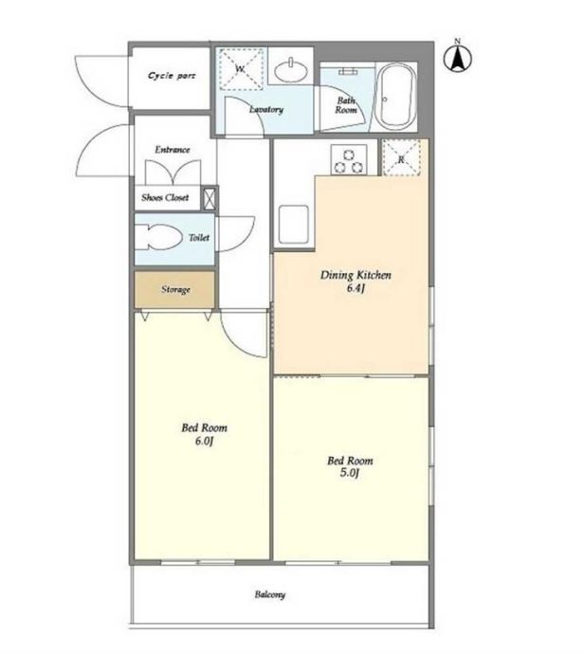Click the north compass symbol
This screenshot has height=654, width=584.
click(458, 58)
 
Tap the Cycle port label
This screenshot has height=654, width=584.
click(172, 76)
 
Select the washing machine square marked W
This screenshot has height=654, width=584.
click(242, 69)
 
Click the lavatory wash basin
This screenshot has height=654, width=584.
click(292, 69)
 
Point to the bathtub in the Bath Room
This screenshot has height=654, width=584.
click(396, 98)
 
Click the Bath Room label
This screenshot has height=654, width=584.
click(346, 105)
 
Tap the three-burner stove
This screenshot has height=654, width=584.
click(349, 159)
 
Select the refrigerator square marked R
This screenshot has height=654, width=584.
click(401, 157)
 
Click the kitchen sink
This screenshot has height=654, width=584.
click(294, 225)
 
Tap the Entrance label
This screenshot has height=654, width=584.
click(173, 150)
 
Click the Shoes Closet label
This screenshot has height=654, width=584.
click(165, 197)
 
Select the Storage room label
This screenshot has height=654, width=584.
click(175, 289)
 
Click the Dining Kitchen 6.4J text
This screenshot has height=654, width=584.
click(356, 282)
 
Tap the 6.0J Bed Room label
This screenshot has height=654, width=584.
click(205, 434)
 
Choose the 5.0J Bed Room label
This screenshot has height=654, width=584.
click(350, 466)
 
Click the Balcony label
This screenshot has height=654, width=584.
click(270, 594)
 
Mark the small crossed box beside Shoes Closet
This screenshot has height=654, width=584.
click(210, 199)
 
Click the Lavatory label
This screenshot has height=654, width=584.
click(266, 109)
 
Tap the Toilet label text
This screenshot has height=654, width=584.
click(199, 237)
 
